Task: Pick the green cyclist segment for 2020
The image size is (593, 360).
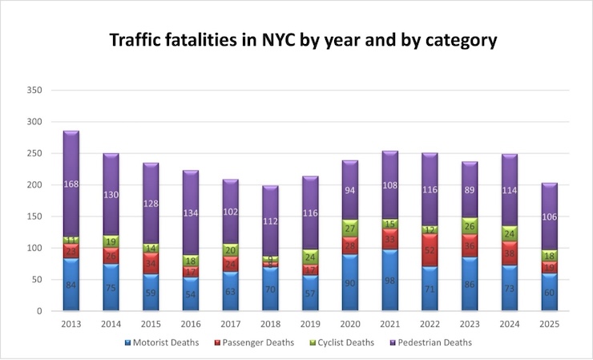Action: coord(349,229)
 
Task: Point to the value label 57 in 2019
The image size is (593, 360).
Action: coord(312,293)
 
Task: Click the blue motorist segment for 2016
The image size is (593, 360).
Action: coord(192,294)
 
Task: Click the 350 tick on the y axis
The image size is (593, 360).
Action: coord(34,91)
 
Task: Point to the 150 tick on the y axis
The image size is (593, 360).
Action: coord(34,216)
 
